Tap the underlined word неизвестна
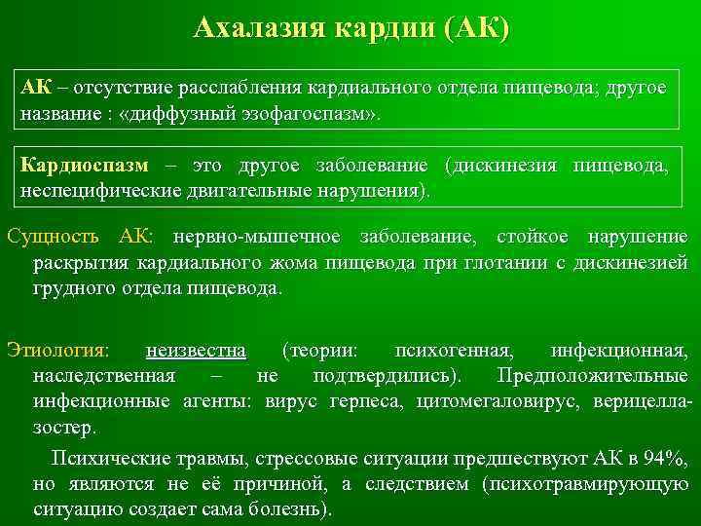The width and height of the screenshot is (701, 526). [196, 350]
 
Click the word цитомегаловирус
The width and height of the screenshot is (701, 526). [484, 401]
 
